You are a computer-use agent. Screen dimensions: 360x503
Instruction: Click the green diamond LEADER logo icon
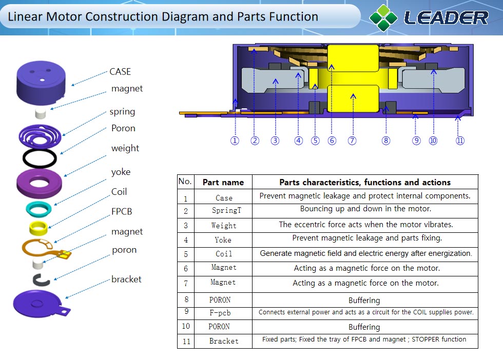pos(383,17)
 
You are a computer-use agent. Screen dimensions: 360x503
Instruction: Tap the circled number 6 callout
pos(332,141)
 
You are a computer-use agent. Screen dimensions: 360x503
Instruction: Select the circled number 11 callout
pos(460,141)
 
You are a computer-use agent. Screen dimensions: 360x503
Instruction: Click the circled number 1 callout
pos(235,141)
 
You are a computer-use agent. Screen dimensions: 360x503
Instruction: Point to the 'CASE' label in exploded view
pos(120,72)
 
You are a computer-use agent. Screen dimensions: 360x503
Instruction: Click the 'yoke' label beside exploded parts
pos(121,172)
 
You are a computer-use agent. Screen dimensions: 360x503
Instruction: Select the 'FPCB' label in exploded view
pos(122,211)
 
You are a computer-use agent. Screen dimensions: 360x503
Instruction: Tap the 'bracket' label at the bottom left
pos(126,279)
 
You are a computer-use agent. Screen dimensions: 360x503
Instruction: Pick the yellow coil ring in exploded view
pos(39,226)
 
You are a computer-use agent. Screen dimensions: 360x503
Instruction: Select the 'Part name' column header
pos(223,183)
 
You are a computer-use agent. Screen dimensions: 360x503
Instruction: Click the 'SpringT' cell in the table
pos(226,211)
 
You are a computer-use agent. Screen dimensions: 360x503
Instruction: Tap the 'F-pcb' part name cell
pos(223,313)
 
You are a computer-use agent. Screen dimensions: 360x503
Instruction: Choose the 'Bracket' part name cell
pos(224,341)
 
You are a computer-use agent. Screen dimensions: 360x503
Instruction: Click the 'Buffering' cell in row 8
pos(364,300)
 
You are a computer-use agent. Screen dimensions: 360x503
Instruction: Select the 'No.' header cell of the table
pos(185,182)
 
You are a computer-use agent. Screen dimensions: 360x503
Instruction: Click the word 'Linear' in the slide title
pos(26,17)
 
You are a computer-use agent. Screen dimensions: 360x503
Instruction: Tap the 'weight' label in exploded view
pos(125,148)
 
